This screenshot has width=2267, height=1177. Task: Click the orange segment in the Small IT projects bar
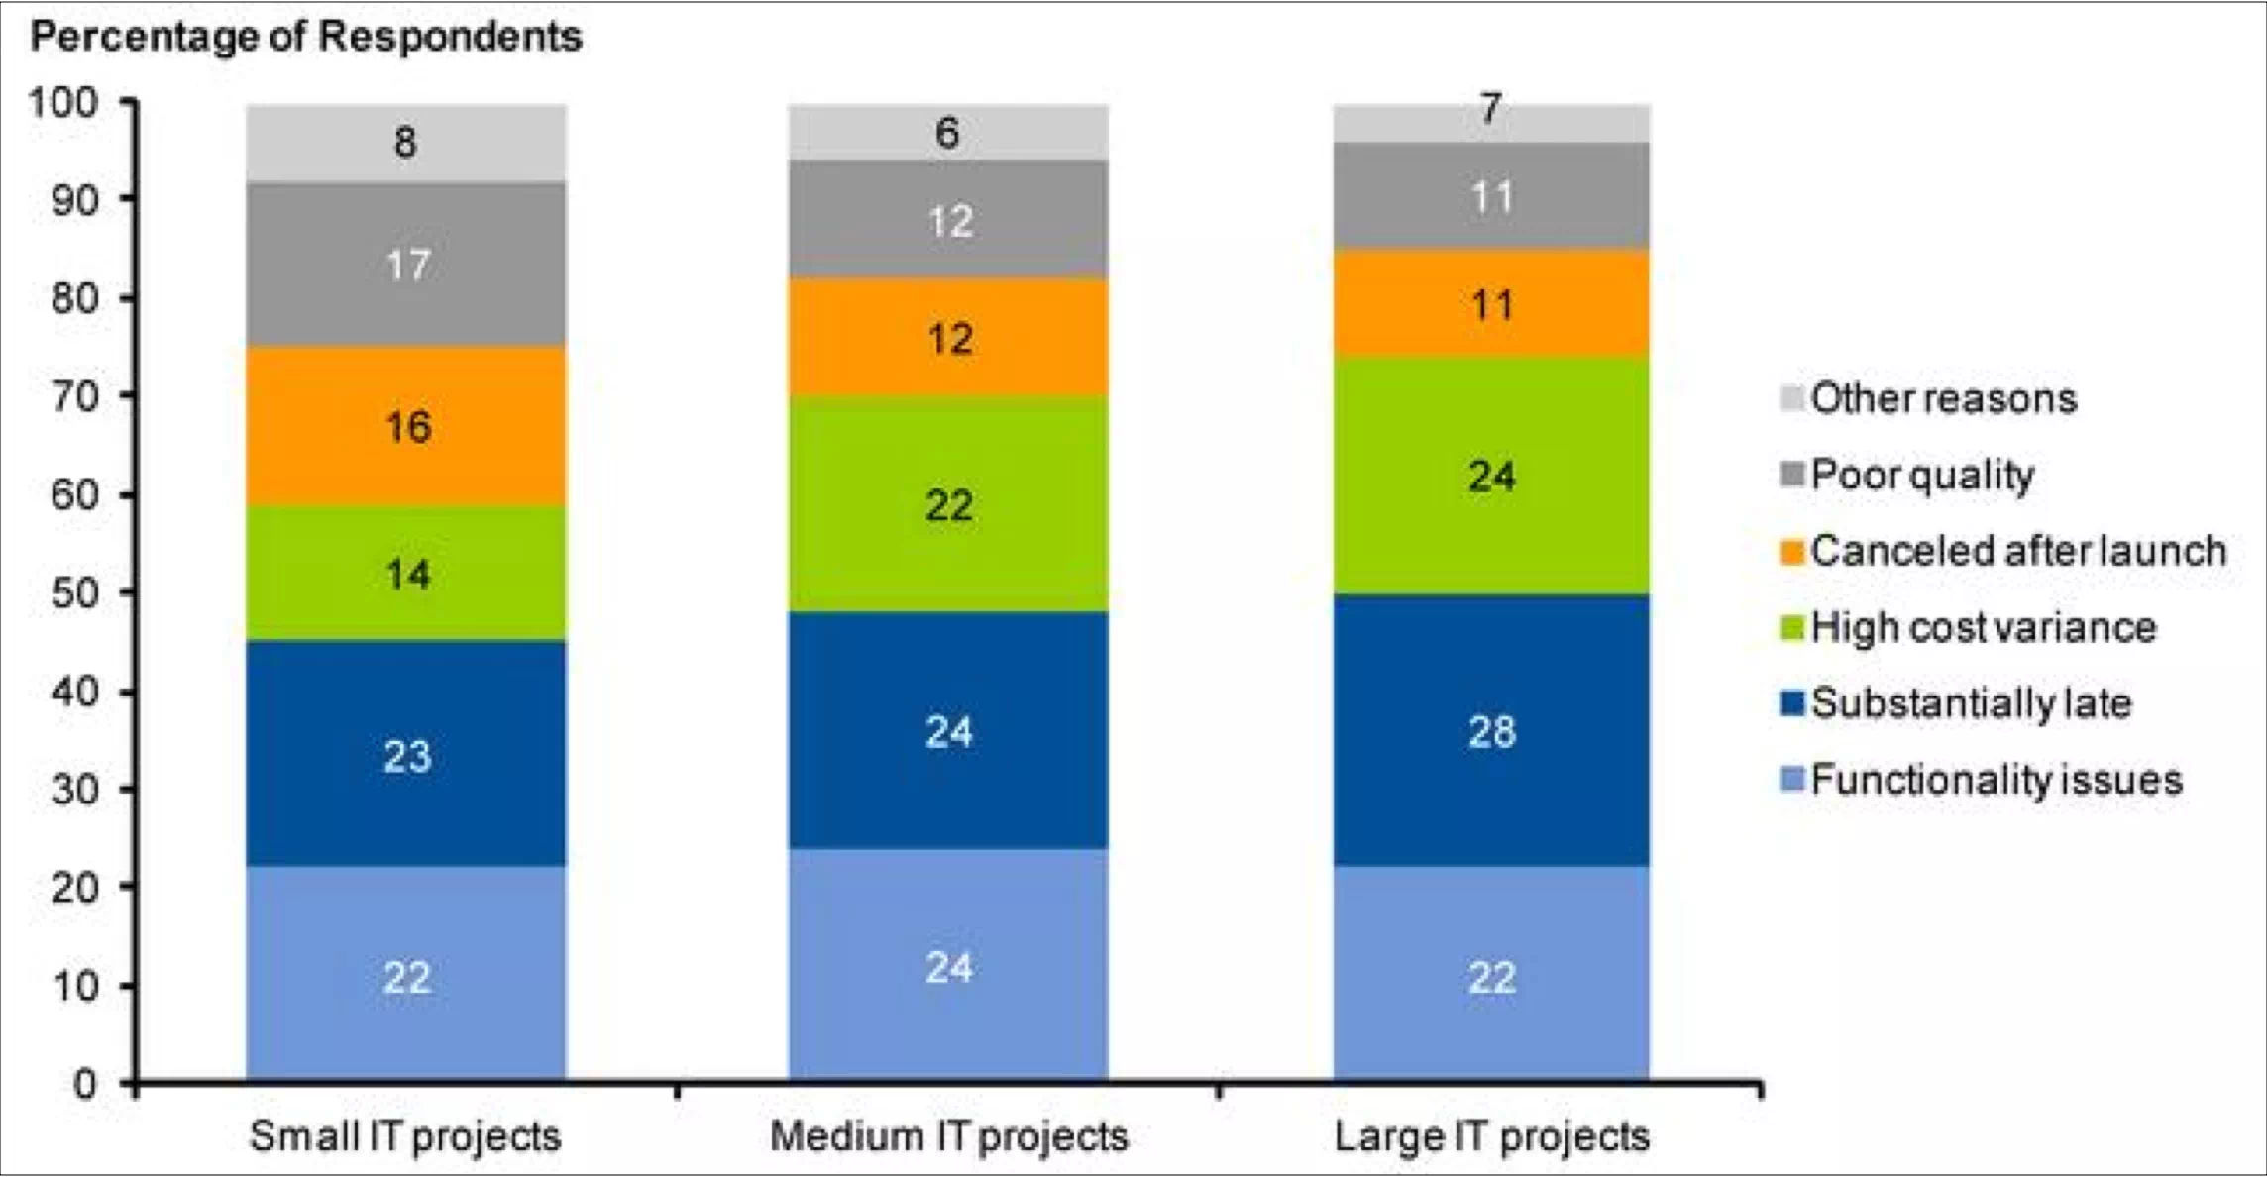406,426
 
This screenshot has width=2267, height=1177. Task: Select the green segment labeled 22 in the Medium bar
948,504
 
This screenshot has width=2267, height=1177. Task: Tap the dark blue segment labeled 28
1491,731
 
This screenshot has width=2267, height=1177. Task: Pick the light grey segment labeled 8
406,143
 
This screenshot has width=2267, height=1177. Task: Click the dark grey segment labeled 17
406,265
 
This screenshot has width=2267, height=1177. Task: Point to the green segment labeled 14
406,574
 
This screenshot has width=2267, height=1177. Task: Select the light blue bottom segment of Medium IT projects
948,966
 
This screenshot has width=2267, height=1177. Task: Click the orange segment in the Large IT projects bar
1491,303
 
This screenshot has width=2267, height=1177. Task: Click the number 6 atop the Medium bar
948,133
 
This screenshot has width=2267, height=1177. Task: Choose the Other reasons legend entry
1942,398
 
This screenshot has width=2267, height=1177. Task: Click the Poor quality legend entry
1921,475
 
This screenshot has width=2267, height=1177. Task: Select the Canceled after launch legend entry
2017,551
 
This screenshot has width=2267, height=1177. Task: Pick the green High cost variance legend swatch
1792,628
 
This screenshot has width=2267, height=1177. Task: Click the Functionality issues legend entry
1996,780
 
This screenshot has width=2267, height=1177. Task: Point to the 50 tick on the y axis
75,592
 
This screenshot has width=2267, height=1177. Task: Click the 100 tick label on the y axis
64,102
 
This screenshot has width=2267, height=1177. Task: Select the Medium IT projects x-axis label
948,1135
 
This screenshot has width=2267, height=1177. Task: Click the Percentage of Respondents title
306,37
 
